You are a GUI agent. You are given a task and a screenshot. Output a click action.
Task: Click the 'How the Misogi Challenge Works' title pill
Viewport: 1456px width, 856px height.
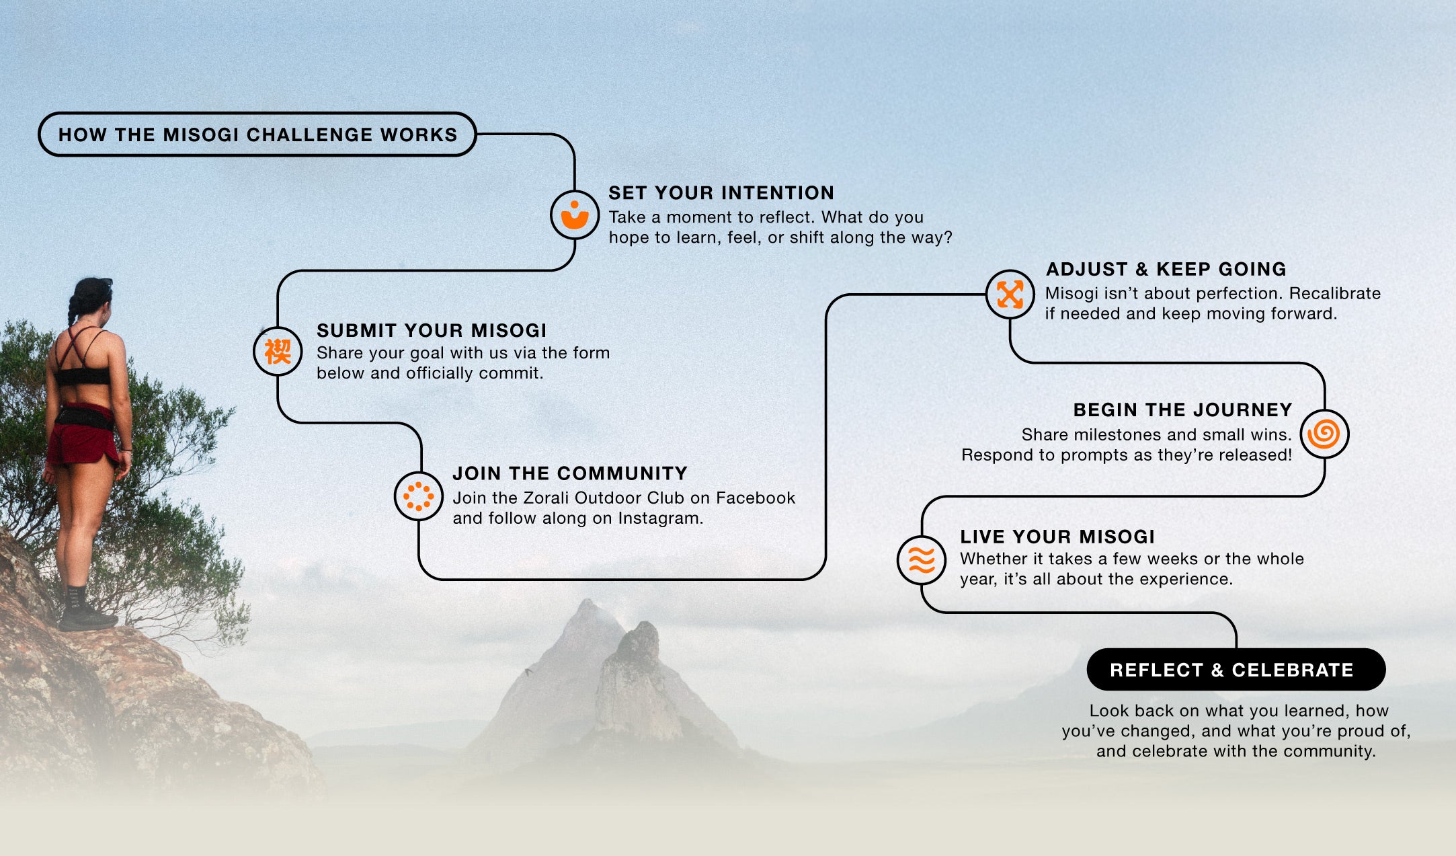coord(257,134)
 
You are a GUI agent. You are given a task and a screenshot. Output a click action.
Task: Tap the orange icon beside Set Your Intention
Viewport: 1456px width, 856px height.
coord(575,215)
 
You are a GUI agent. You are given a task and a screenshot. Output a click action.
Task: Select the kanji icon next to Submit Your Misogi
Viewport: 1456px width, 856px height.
coord(278,351)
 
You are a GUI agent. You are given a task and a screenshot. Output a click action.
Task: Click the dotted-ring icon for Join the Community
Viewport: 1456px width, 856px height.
coord(418,496)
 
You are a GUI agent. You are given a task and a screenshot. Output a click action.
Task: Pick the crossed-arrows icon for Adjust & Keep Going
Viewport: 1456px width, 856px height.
coord(1010,294)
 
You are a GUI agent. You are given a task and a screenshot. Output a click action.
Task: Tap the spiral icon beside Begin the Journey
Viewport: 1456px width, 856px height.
coord(1324,434)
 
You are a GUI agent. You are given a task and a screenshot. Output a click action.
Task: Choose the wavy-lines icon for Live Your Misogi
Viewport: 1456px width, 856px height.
coord(922,559)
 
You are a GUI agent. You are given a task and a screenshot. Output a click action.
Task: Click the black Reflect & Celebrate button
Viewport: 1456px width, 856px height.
coord(1236,670)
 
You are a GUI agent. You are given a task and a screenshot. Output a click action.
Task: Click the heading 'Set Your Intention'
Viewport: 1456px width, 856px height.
coord(721,193)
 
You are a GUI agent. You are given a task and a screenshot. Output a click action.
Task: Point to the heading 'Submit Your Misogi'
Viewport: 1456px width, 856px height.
coord(432,330)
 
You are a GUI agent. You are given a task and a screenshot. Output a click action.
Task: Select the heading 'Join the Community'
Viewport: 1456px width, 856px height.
coord(570,473)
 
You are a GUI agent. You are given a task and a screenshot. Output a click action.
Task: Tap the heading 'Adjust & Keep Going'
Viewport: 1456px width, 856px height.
coord(1166,269)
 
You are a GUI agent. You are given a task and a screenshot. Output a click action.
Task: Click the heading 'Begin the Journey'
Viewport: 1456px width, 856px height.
coord(1182,410)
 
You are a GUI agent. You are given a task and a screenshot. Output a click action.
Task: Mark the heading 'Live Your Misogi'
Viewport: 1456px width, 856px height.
coord(1057,537)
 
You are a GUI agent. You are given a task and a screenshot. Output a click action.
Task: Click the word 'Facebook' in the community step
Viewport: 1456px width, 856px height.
coord(756,498)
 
